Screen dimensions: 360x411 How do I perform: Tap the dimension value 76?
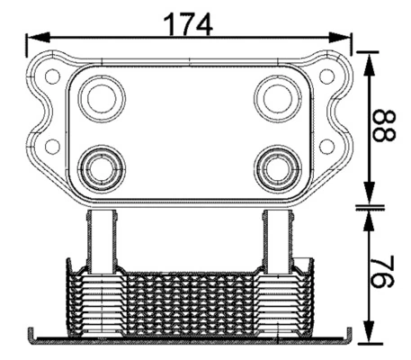click(384, 274)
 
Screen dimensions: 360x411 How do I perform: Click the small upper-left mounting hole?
click(53, 76)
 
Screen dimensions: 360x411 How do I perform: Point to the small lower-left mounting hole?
click(53, 146)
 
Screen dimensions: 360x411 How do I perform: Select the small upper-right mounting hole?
click(326, 76)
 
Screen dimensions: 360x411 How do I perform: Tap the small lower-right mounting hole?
click(326, 146)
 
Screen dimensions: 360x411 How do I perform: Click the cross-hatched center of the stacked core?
click(189, 301)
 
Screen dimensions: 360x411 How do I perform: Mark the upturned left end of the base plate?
click(35, 335)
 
